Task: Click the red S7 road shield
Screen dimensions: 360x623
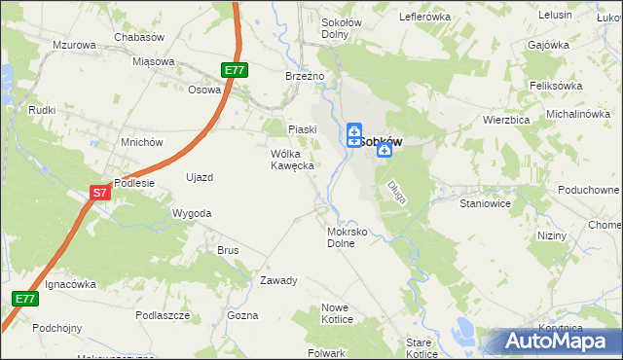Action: [99, 194]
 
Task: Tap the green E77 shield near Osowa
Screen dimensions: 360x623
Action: [234, 70]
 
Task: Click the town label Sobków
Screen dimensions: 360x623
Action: [382, 141]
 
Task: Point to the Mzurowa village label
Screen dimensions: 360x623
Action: [74, 46]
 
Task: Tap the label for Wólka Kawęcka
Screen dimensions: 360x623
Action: [292, 160]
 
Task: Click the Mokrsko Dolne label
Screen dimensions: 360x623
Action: [348, 238]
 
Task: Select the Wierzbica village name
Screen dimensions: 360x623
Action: [505, 120]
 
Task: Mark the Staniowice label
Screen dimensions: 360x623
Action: [486, 205]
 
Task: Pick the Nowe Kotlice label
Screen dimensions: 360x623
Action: [336, 313]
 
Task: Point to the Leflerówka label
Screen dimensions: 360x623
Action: [425, 18]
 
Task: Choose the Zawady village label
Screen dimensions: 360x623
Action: [277, 280]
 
